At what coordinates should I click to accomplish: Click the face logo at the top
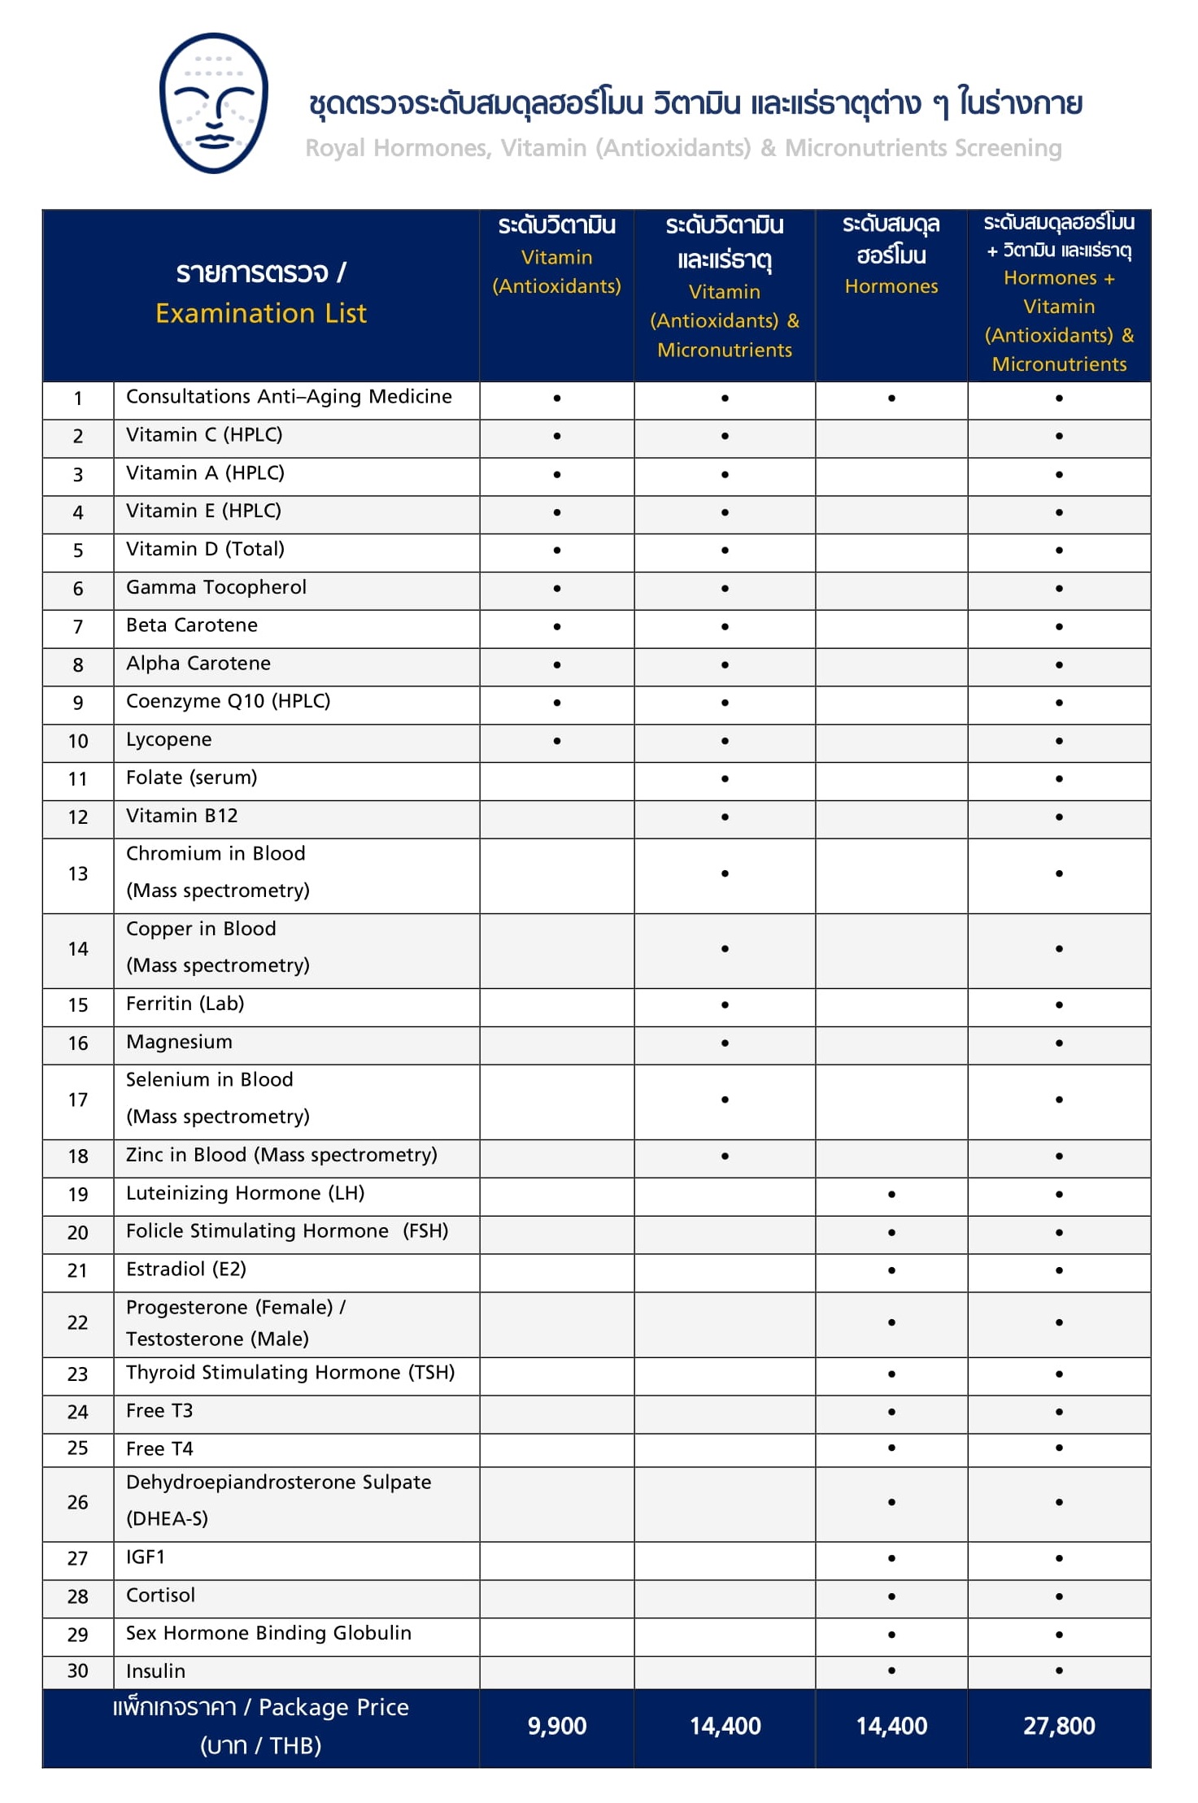[x=214, y=103]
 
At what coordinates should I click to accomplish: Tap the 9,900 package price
[x=557, y=1726]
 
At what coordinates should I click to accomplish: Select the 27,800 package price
[x=1059, y=1726]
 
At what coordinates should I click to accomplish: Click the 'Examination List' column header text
[x=261, y=313]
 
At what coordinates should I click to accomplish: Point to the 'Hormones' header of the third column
[x=891, y=286]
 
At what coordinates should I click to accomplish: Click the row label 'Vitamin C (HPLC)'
[x=204, y=435]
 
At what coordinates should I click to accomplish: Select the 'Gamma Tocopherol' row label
[x=216, y=587]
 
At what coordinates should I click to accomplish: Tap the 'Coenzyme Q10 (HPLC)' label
[x=228, y=701]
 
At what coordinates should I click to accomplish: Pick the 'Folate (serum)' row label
[x=191, y=777]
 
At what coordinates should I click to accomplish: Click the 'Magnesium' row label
[x=179, y=1042]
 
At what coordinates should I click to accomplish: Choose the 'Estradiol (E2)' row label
[x=185, y=1270]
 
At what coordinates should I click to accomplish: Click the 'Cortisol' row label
[x=160, y=1595]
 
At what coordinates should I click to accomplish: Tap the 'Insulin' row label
[x=155, y=1671]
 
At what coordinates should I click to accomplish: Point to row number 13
[x=78, y=873]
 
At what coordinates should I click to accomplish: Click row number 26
[x=78, y=1502]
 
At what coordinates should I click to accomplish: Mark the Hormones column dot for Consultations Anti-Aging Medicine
[x=891, y=398]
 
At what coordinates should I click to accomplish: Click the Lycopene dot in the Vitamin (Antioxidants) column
[x=557, y=741]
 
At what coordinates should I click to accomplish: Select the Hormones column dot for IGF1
[x=891, y=1558]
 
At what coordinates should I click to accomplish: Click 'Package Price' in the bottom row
[x=333, y=1707]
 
